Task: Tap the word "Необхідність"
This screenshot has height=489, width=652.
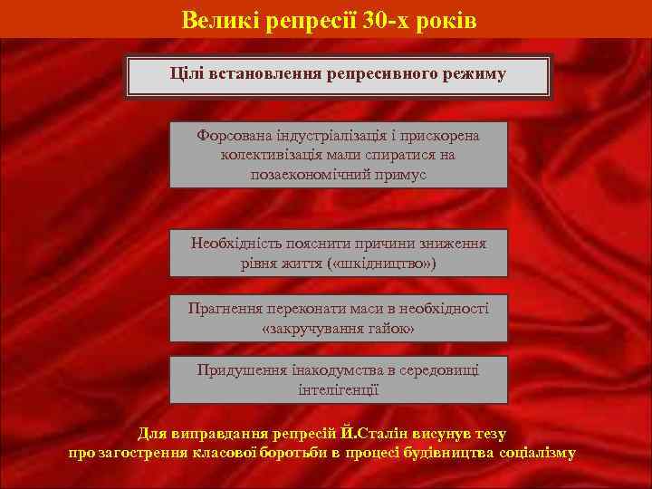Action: pyautogui.click(x=237, y=243)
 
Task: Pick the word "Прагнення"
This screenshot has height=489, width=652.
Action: pyautogui.click(x=227, y=308)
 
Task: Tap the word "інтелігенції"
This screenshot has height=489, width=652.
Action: pyautogui.click(x=339, y=389)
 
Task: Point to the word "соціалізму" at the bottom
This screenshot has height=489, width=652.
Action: pyautogui.click(x=532, y=452)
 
